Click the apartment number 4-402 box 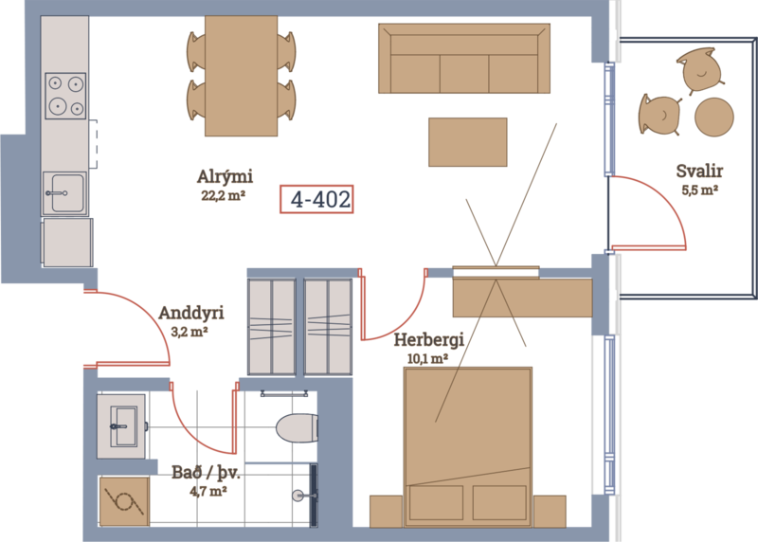tap(316, 199)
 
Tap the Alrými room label tap(225, 177)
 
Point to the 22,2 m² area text tap(224, 196)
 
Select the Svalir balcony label tap(699, 172)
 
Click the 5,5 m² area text tap(699, 190)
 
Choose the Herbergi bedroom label tap(429, 340)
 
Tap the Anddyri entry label tap(191, 314)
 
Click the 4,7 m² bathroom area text tap(208, 492)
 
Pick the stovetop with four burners tap(65, 96)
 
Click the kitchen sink tap(64, 193)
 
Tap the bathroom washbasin tap(121, 426)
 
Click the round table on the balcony tap(714, 117)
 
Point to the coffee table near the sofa tap(468, 142)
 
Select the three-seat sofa tap(464, 58)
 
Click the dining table tap(242, 76)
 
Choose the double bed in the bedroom tap(468, 447)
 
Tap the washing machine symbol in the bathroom tap(124, 501)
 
